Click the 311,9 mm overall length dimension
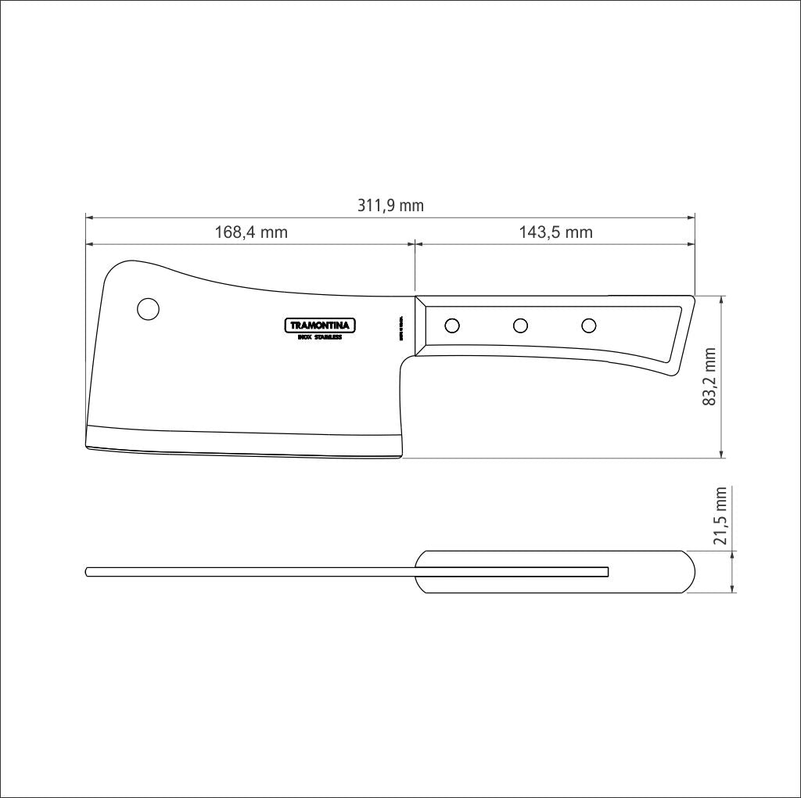pyautogui.click(x=390, y=206)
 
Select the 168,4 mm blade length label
pyautogui.click(x=251, y=232)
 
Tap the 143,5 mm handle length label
pyautogui.click(x=555, y=232)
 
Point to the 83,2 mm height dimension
pyautogui.click(x=709, y=376)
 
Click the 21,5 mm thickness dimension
pyautogui.click(x=720, y=516)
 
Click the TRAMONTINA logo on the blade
pyautogui.click(x=319, y=325)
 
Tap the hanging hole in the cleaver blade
pyautogui.click(x=148, y=309)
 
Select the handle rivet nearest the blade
pyautogui.click(x=451, y=325)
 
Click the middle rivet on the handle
pyautogui.click(x=520, y=325)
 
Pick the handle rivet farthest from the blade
pyautogui.click(x=589, y=325)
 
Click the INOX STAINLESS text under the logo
pyautogui.click(x=319, y=337)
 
